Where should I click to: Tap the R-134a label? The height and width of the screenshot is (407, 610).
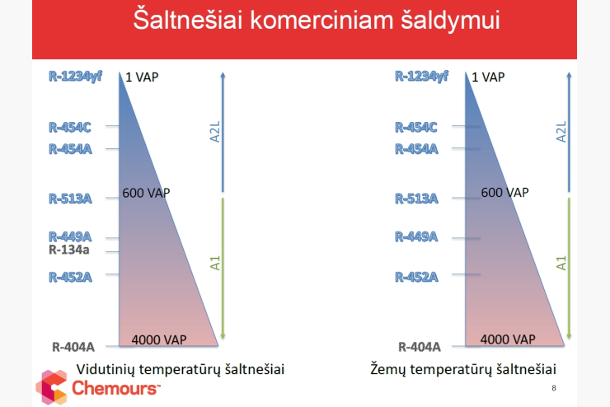pos(69,250)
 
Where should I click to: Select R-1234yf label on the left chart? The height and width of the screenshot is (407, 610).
pos(76,76)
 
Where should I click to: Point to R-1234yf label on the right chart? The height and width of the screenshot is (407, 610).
pos(422,76)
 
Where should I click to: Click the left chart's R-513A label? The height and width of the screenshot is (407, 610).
pos(70,199)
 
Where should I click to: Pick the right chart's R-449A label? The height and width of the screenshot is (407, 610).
pos(416,236)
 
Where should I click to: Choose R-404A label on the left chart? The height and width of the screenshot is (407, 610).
pos(73,347)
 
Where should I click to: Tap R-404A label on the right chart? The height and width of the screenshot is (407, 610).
pos(420,347)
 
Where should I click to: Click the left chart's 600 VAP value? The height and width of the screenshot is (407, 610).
pos(146,193)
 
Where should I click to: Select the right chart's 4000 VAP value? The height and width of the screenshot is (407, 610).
pos(508,339)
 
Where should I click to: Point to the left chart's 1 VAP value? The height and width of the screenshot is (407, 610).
pos(142,77)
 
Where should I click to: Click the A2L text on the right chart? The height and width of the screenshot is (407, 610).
pos(561,132)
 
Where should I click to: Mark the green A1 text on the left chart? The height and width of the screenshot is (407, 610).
pos(215,263)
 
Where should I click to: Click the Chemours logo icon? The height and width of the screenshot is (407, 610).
pos(51,387)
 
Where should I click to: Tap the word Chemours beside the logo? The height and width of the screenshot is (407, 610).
pos(116,388)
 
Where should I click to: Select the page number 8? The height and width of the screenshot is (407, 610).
pos(554,388)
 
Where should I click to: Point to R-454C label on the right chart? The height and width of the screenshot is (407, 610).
pos(416,127)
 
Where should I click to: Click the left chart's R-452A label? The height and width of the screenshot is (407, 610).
pos(70,277)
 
